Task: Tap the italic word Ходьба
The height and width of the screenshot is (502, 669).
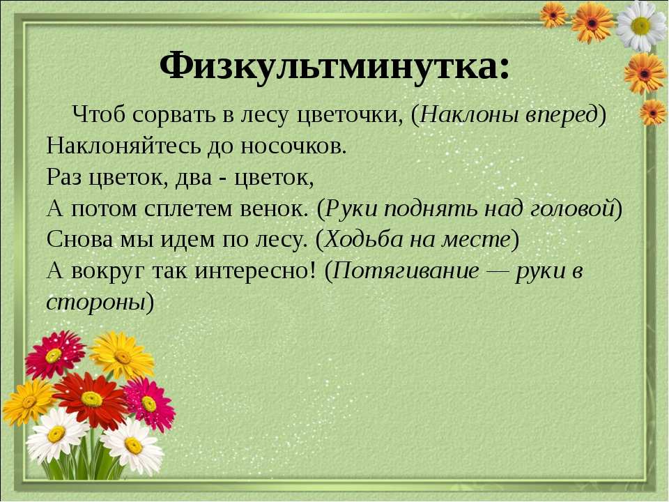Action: [361, 239]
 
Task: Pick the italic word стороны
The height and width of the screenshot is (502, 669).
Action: [96, 302]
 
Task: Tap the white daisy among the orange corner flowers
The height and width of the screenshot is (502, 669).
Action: [641, 26]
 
